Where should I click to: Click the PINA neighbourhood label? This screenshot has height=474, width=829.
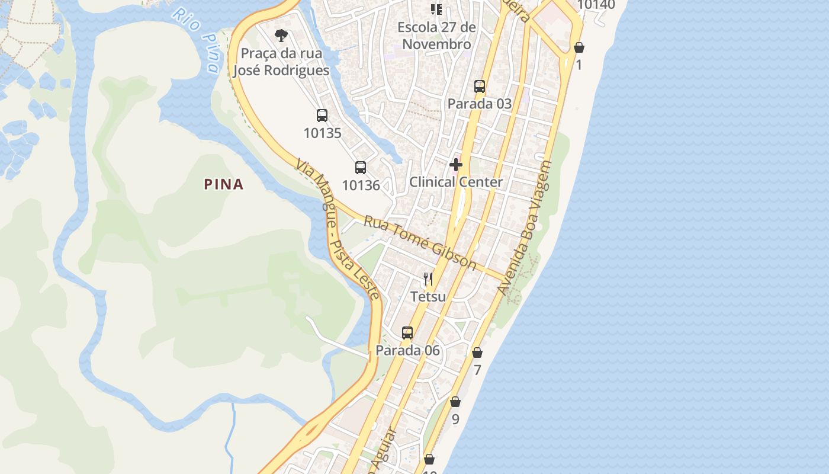coord(224,184)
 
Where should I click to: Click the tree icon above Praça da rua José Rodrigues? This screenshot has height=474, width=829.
coord(281,36)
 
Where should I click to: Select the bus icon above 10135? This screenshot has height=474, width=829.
coord(322,116)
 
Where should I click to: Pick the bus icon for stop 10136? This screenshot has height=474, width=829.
coord(361,168)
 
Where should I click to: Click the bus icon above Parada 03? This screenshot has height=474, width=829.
coord(480,87)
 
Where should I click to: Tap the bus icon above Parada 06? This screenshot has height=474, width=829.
coord(407,332)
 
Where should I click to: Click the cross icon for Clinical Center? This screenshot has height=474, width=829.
coord(456,164)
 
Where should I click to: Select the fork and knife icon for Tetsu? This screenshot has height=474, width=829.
coord(428,278)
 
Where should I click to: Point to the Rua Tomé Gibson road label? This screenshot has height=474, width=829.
coord(420,242)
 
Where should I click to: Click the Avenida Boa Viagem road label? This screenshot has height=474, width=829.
coord(525,228)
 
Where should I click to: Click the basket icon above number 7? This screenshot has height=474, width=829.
coord(477,353)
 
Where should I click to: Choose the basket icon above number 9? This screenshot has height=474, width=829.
coord(455,402)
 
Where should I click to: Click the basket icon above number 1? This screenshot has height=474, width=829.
coord(579,47)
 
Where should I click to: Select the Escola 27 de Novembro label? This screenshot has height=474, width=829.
coord(436,36)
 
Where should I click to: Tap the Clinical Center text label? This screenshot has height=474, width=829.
coord(456,182)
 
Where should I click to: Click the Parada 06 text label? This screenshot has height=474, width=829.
coord(408,350)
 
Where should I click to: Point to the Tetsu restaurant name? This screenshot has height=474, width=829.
coord(428,296)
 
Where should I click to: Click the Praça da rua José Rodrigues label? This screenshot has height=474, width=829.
coord(281,62)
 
